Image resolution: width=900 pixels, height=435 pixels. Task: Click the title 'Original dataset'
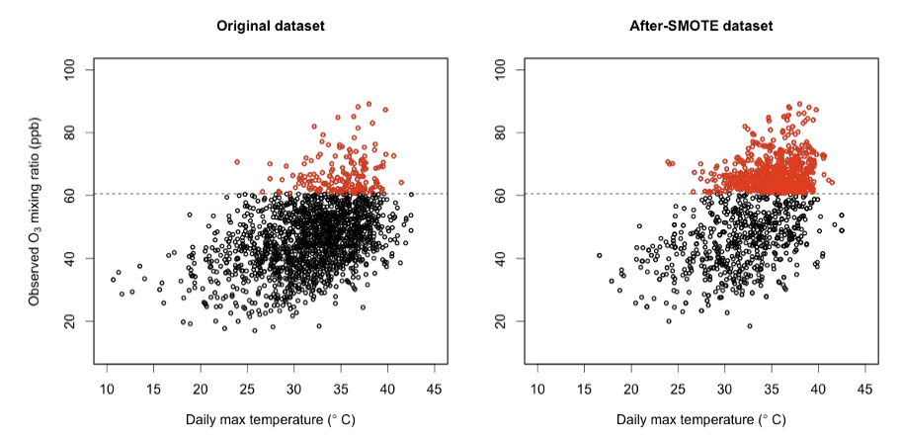click(271, 26)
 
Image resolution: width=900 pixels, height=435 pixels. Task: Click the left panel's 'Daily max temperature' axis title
click(271, 419)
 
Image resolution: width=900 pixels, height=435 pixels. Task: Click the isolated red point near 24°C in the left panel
click(237, 161)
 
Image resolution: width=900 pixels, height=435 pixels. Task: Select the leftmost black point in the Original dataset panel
click(113, 279)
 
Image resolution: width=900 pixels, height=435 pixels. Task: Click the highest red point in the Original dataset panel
click(369, 104)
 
